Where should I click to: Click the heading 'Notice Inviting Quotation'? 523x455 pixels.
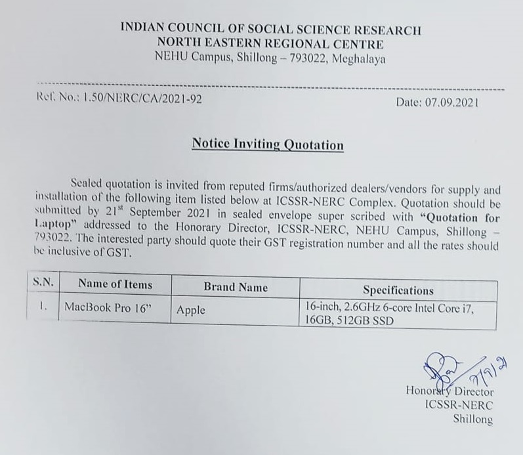click(268, 144)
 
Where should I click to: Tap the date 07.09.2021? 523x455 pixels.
click(452, 103)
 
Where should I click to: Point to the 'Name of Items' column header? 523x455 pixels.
click(115, 285)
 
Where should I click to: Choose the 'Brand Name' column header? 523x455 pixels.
click(236, 287)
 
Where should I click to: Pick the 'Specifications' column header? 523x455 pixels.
click(398, 290)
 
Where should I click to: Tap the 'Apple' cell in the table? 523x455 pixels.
click(191, 310)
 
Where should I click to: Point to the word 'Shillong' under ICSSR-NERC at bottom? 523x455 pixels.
click(472, 420)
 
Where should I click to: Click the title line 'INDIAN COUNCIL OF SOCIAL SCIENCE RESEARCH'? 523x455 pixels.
click(271, 30)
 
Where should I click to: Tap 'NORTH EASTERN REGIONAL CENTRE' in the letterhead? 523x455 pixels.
click(271, 44)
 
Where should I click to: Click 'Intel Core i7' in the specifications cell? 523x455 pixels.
click(444, 307)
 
